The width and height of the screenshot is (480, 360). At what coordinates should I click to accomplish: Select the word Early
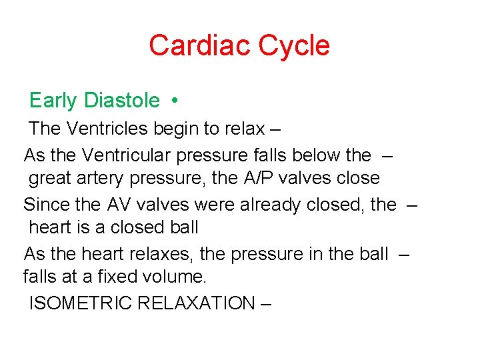click(53, 101)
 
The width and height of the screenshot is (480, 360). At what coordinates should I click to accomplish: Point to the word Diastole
click(122, 101)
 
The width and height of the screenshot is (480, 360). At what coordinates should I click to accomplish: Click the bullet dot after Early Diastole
click(173, 101)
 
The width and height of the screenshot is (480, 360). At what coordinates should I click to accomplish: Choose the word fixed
click(115, 276)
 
